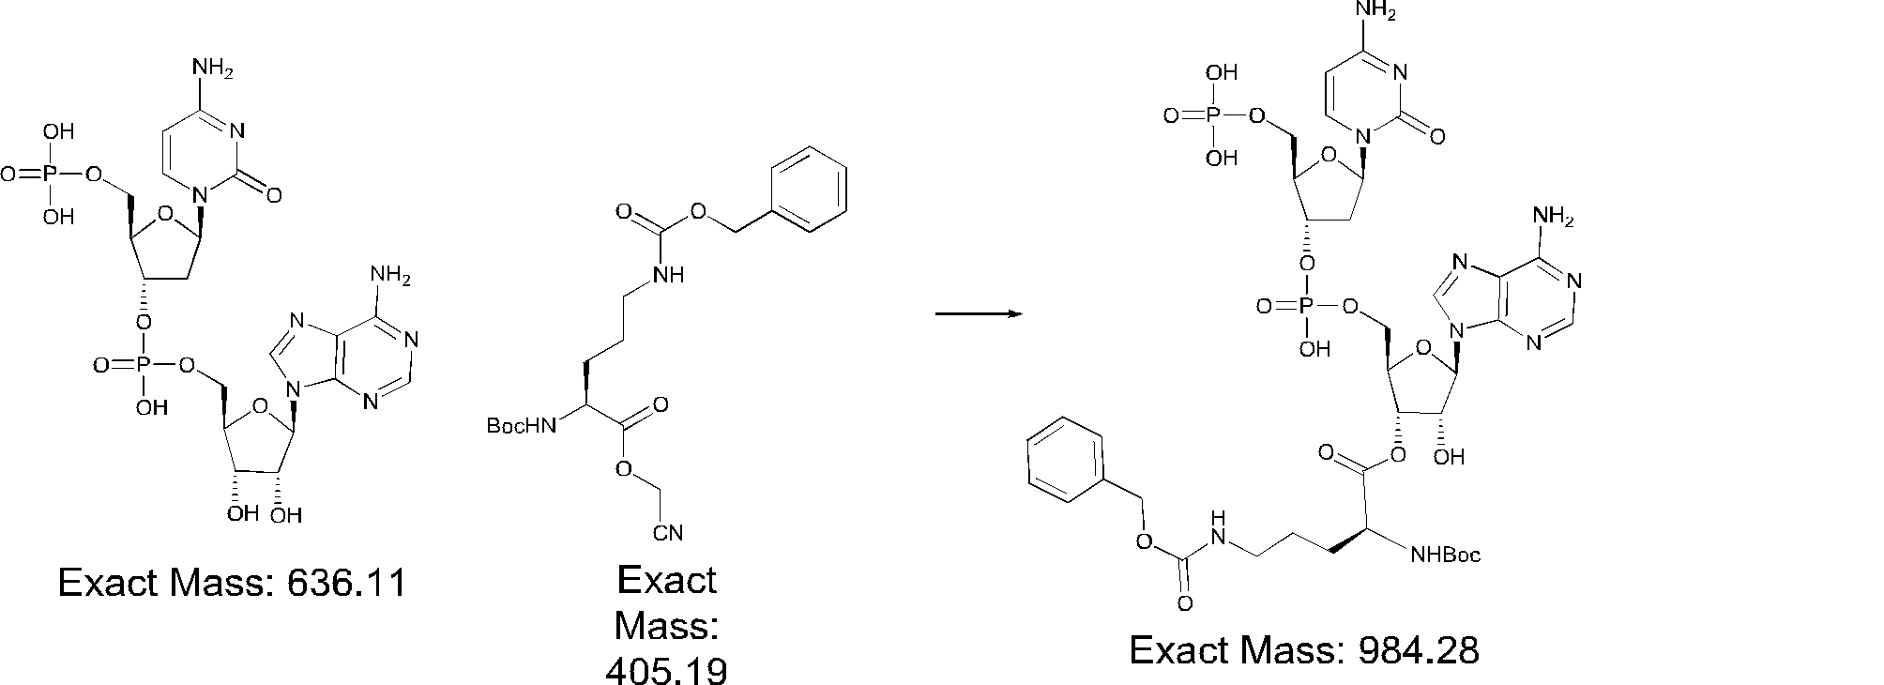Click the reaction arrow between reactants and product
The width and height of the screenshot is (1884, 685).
978,313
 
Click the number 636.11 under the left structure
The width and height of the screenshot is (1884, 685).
346,584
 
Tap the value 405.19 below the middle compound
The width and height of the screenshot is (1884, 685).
666,670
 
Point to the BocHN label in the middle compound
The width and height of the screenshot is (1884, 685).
521,426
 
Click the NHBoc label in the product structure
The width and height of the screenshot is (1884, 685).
1446,556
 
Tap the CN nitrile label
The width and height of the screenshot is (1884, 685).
667,534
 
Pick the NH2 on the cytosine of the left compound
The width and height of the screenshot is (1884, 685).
211,68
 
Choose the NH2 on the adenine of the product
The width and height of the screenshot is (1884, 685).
1552,218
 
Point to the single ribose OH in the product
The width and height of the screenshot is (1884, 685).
1450,458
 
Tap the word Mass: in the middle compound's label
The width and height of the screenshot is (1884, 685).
666,625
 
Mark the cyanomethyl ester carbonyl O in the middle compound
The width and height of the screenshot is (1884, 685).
661,405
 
